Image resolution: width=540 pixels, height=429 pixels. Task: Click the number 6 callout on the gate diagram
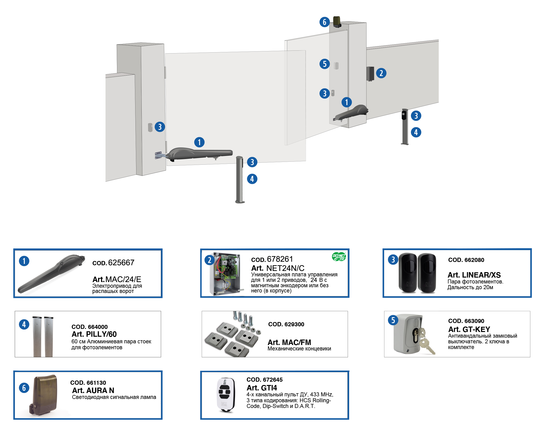pos(324,22)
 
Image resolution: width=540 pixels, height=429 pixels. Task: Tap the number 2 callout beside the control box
pos(381,73)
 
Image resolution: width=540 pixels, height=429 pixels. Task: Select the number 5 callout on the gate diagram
pos(324,64)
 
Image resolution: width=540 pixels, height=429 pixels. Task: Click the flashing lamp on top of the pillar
pos(337,22)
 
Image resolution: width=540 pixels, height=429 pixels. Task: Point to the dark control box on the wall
pos(370,74)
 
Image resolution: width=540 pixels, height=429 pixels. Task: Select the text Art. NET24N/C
pos(278,268)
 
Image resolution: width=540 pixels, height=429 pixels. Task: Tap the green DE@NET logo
pos(339,257)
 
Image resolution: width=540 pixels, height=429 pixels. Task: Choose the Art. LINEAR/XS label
pos(474,275)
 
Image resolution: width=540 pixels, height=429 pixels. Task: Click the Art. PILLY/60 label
pos(94,334)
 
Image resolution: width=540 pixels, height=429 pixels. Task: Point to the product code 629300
pos(286,324)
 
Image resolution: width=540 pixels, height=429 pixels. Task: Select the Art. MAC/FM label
pos(289,342)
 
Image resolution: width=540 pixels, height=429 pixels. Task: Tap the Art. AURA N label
pos(93,390)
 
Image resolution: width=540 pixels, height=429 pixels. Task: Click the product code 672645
pos(265,380)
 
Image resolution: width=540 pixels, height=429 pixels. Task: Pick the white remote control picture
pos(226,395)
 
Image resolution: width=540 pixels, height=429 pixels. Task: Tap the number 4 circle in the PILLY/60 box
pos(24,324)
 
